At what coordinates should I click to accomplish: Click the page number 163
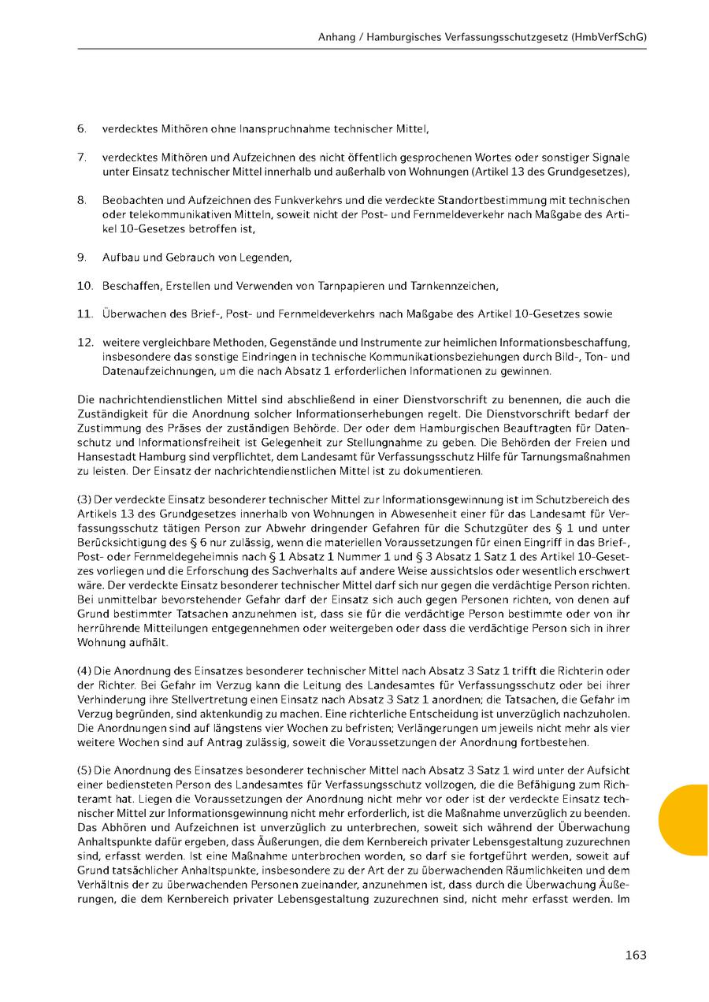[635, 956]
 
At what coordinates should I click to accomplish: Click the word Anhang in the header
[336, 36]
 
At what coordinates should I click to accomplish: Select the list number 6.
[82, 128]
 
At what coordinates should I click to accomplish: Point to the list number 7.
[82, 158]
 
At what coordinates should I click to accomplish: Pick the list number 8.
[82, 201]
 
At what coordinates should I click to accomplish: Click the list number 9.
[82, 258]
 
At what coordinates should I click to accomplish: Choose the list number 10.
[85, 285]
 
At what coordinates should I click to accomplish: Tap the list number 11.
[85, 314]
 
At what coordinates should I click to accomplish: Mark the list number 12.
[85, 343]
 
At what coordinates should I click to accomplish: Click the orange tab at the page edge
[685, 819]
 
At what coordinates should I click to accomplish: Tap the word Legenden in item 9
[266, 258]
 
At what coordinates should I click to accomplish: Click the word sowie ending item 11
[599, 314]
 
